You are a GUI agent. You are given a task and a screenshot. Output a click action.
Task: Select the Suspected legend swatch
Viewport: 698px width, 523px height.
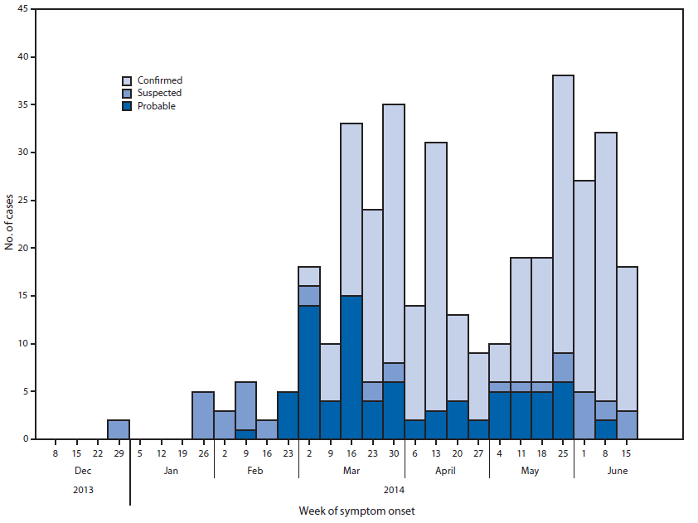(x=127, y=94)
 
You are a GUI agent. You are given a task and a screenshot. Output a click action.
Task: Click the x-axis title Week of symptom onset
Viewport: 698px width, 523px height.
(x=356, y=511)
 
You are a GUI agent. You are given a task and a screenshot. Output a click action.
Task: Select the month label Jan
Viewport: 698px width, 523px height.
(x=171, y=471)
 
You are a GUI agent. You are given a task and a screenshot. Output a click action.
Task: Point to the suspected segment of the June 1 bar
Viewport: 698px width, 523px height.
(x=584, y=414)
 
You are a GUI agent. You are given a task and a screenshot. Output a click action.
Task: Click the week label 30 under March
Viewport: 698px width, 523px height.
(x=394, y=453)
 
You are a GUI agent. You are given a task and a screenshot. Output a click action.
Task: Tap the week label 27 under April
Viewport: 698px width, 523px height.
(x=478, y=453)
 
